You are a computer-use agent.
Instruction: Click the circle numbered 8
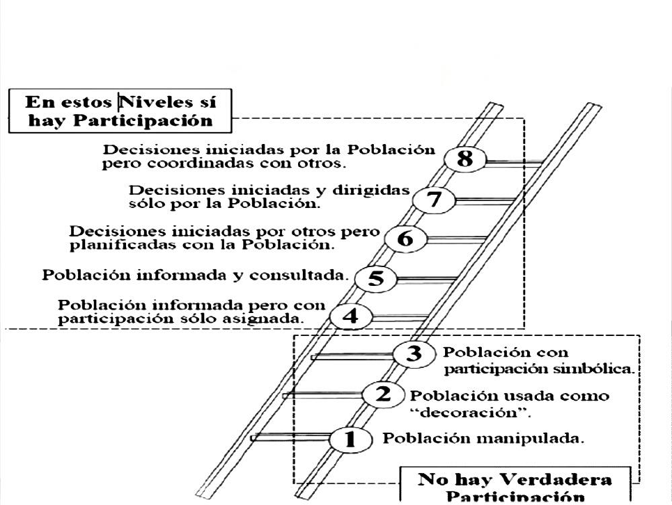point(464,159)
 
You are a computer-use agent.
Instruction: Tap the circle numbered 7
point(434,200)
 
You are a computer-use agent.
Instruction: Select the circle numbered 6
point(406,239)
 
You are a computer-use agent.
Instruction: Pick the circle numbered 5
point(376,279)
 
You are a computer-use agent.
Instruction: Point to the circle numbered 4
point(350,316)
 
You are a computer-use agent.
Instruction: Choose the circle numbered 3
point(414,353)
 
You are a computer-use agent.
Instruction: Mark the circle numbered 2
point(383,394)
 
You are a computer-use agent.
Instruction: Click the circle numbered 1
point(350,439)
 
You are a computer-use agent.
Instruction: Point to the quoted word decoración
point(471,413)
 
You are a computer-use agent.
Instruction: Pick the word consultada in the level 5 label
point(297,275)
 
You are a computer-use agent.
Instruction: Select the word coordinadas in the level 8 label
point(200,163)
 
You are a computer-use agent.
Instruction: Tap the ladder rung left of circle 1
point(290,438)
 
